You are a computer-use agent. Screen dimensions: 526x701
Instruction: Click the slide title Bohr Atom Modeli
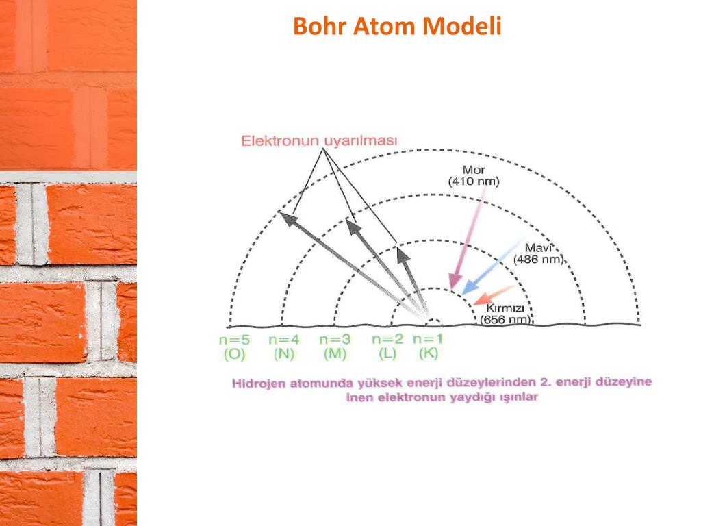397,26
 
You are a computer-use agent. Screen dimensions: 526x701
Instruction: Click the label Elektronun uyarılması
318,141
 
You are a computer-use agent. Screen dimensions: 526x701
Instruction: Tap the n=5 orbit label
235,339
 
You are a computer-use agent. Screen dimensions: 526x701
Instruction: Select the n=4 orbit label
284,339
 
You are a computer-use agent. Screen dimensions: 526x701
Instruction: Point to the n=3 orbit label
335,339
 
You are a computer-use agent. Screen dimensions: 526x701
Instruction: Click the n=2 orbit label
388,339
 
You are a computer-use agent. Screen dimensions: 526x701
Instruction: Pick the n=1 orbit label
429,338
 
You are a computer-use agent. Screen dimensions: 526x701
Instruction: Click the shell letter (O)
235,354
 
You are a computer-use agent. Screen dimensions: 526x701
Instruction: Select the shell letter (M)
335,354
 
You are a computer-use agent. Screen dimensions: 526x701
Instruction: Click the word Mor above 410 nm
473,170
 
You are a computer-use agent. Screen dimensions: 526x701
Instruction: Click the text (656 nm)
505,319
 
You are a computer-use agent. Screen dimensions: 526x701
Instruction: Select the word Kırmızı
505,308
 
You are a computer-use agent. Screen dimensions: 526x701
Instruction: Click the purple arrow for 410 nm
469,236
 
